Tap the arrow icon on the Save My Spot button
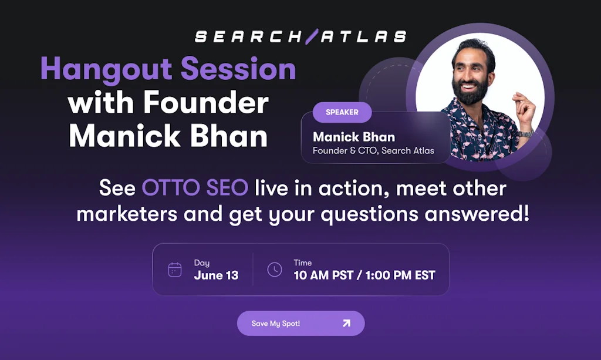click(346, 323)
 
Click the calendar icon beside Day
click(175, 270)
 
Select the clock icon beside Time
click(274, 270)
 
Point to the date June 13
click(216, 275)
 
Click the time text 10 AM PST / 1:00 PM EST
click(364, 275)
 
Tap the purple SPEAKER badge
click(342, 112)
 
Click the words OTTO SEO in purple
click(195, 189)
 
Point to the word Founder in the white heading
click(206, 104)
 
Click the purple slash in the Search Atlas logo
click(310, 37)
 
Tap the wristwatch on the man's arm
click(526, 133)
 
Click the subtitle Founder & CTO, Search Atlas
click(373, 151)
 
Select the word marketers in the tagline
click(127, 214)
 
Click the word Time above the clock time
click(303, 263)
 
